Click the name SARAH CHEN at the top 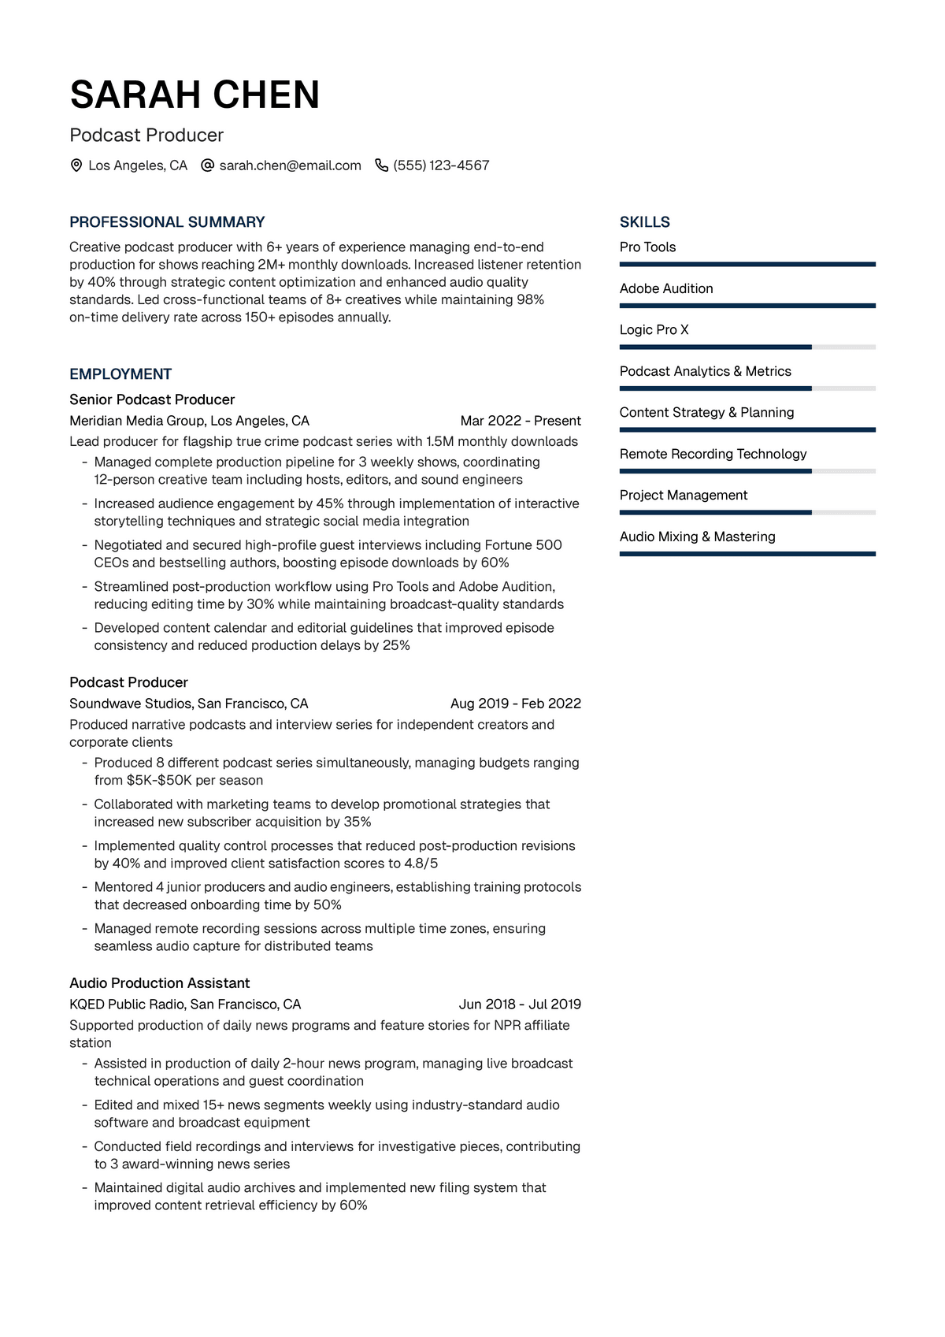tap(195, 95)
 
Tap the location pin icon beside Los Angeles tap(76, 165)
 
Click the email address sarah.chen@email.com tap(290, 165)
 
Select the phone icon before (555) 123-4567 tap(382, 165)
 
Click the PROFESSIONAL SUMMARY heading tap(167, 222)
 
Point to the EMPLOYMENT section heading tap(120, 374)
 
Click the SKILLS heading tap(644, 222)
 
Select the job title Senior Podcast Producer tap(152, 399)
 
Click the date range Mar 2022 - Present tap(521, 421)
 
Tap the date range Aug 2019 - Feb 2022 tap(516, 704)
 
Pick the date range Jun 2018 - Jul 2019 tap(520, 1005)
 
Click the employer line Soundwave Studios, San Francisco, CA tap(188, 704)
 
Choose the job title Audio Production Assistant tap(159, 983)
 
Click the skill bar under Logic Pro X tap(747, 347)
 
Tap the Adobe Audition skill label tap(666, 288)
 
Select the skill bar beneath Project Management tap(747, 512)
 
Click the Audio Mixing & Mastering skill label tap(697, 537)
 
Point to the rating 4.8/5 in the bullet tap(421, 863)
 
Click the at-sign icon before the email tap(208, 165)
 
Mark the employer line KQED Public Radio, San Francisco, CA tap(185, 1005)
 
